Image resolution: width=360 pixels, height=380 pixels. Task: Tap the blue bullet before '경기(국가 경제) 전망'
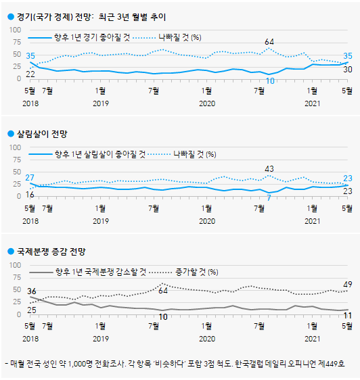tap(10, 16)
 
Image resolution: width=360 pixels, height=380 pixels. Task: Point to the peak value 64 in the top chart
tap(269, 41)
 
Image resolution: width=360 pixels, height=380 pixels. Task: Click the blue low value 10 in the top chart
tap(269, 81)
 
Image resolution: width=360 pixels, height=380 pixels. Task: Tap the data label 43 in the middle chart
tap(269, 169)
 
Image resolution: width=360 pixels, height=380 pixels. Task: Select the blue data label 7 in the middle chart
tap(269, 197)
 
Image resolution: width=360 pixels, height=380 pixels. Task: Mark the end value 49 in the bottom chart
tap(346, 284)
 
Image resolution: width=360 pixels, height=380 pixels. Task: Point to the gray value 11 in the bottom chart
tap(346, 316)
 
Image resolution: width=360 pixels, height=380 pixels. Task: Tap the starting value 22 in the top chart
tap(30, 74)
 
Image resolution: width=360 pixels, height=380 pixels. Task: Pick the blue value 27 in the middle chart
tap(30, 178)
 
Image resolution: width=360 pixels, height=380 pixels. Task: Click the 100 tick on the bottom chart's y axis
tap(15, 265)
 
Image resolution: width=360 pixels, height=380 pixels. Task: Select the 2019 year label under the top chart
tap(100, 103)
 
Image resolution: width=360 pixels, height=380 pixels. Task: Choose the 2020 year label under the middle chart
tap(206, 220)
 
